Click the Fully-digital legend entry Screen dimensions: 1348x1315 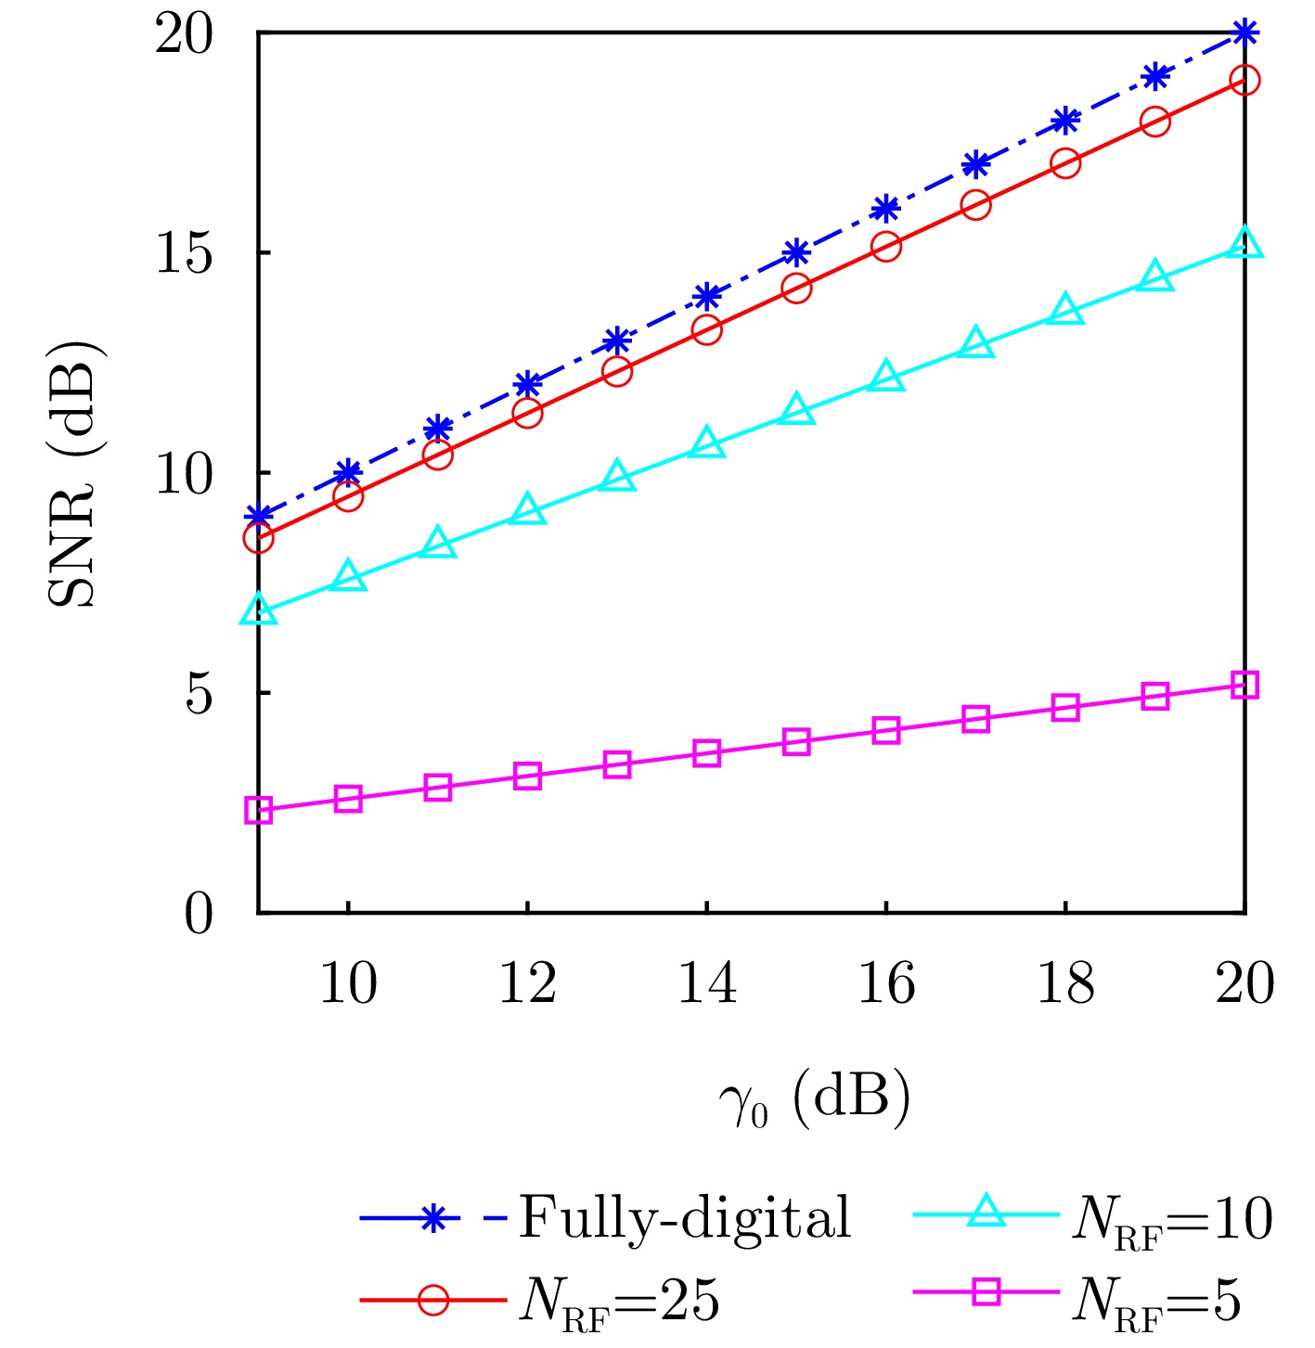pyautogui.click(x=685, y=1217)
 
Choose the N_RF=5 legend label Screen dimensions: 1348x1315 pyautogui.click(x=1156, y=1301)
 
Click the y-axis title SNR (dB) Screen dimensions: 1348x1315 pyautogui.click(x=74, y=473)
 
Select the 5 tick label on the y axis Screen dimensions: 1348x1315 pyautogui.click(x=200, y=693)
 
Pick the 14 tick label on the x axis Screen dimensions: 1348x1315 pyautogui.click(x=707, y=984)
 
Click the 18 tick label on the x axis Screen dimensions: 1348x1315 pyautogui.click(x=1065, y=984)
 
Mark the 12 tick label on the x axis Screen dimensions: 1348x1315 pyautogui.click(x=527, y=984)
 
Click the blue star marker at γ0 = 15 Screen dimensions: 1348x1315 pyautogui.click(x=796, y=252)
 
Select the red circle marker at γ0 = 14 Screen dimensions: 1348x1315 pyautogui.click(x=707, y=329)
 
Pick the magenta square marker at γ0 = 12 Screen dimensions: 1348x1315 pyautogui.click(x=527, y=776)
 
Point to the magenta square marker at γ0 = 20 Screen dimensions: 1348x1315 pyautogui.click(x=1244, y=686)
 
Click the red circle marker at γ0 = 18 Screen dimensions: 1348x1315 pyautogui.click(x=1065, y=163)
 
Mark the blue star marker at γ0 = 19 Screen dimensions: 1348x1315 pyautogui.click(x=1154, y=77)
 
